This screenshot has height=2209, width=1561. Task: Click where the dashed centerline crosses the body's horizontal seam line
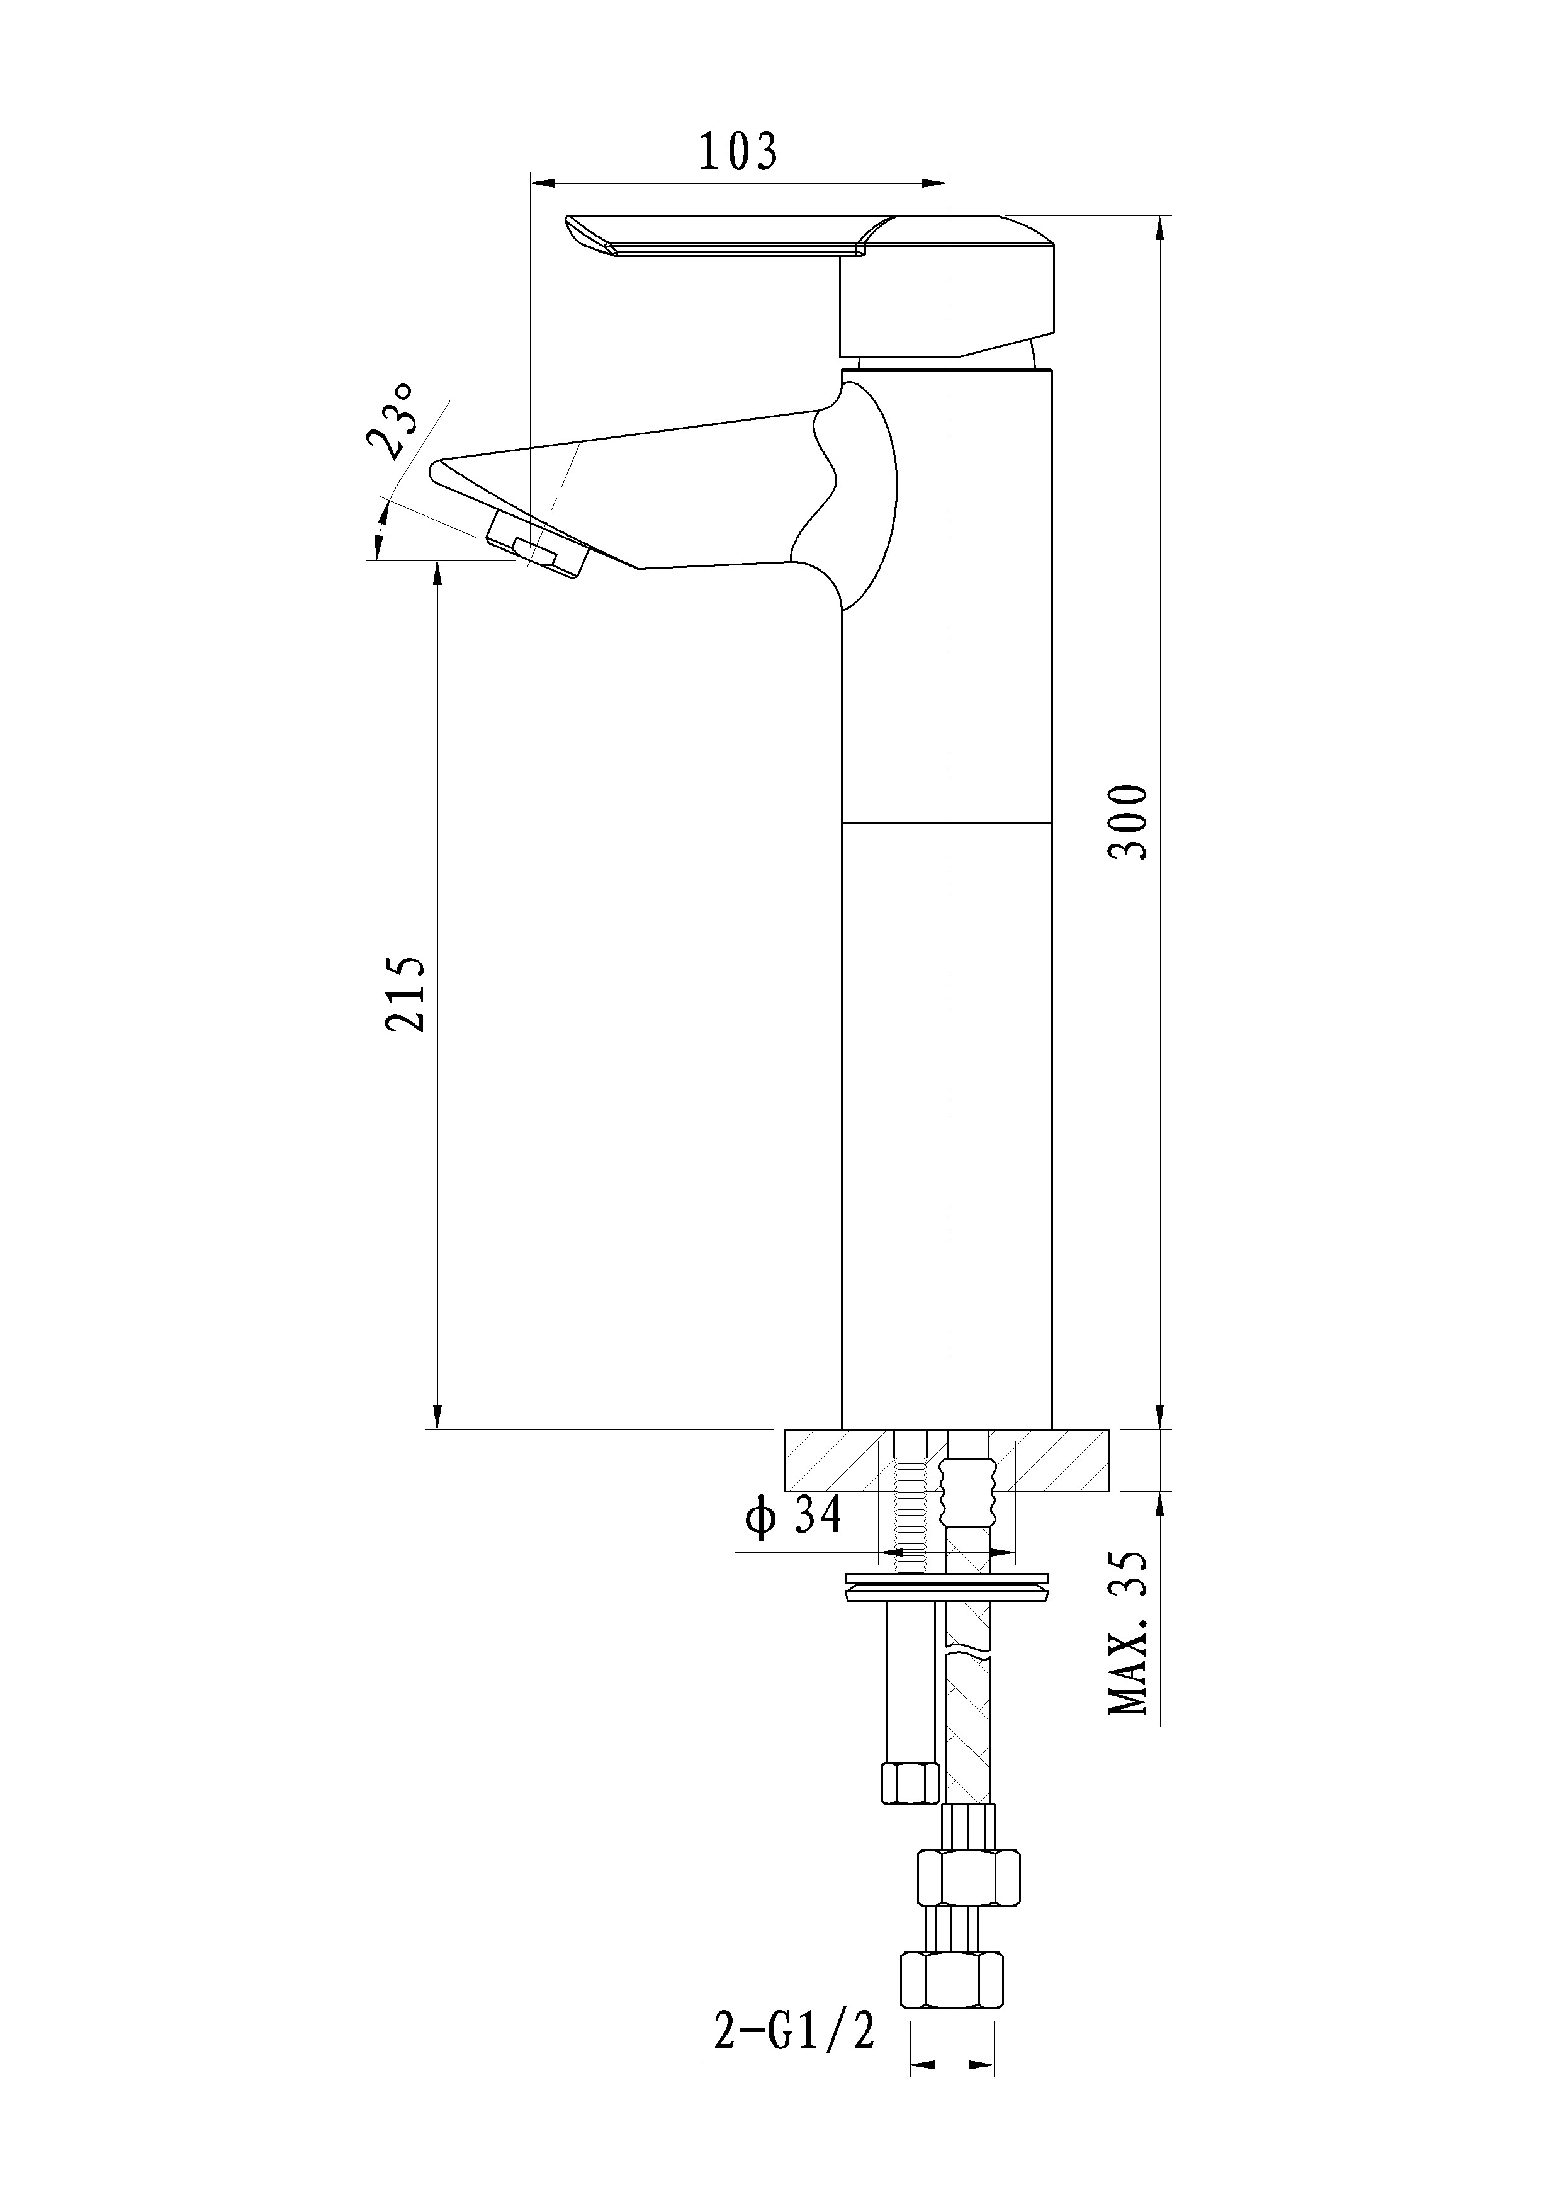(947, 824)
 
